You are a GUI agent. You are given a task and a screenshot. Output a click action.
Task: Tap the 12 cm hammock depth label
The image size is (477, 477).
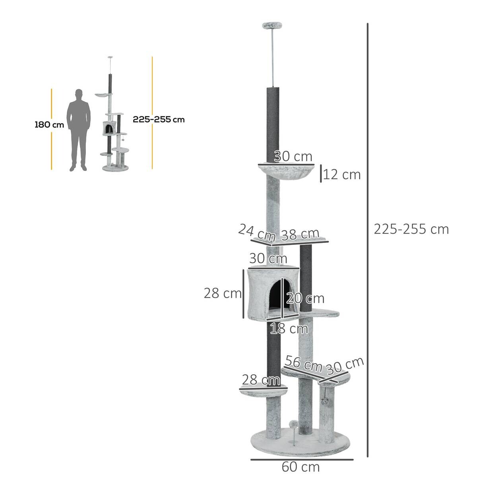tap(341, 175)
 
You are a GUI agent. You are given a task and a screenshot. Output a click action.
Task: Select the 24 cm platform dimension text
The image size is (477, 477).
tap(257, 233)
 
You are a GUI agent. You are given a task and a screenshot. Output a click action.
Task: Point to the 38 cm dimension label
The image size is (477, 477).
tap(300, 235)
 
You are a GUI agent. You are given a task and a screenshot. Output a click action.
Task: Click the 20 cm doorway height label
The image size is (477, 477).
tap(305, 298)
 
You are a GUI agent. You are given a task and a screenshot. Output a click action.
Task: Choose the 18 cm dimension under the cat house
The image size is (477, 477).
tap(289, 329)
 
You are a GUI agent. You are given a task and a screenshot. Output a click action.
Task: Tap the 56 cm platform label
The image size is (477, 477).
tap(303, 363)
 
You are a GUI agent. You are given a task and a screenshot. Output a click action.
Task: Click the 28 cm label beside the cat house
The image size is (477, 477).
tap(223, 293)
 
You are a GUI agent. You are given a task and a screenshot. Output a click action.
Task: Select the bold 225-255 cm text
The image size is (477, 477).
tap(159, 119)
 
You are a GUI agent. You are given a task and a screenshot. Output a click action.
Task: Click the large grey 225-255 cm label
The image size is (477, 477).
tap(411, 229)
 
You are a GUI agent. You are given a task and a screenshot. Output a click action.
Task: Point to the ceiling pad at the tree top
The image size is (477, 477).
tap(271, 26)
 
